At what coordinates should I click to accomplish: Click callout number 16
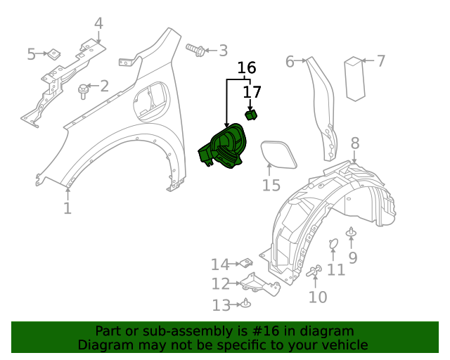click(x=246, y=68)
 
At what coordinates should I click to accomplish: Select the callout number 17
click(x=252, y=92)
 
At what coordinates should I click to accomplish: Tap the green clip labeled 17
click(x=250, y=115)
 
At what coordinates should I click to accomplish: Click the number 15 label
click(x=271, y=186)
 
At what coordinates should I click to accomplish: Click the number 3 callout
click(x=223, y=51)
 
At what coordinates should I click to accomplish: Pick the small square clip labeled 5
click(x=53, y=53)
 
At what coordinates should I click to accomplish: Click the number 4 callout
click(x=98, y=23)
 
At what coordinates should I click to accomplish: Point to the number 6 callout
click(x=290, y=62)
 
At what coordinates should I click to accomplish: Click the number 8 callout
click(x=355, y=143)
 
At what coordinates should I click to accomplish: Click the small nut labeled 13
click(x=247, y=304)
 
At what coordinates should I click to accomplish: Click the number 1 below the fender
click(x=67, y=208)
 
